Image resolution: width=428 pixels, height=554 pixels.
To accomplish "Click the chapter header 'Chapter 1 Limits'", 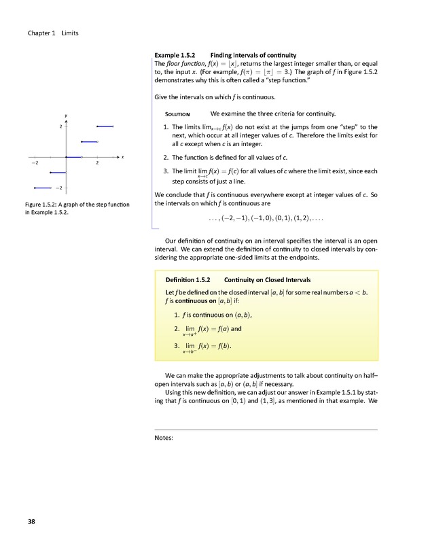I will point(54,33).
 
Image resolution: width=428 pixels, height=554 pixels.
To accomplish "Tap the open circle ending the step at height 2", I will point(113,126).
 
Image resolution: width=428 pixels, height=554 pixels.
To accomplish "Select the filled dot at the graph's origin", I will point(67,158).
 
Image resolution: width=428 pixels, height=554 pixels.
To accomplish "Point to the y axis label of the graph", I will point(67,115).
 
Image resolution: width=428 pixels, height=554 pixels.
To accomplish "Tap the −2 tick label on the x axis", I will point(34,164).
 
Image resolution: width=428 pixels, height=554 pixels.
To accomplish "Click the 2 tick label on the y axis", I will point(60,126).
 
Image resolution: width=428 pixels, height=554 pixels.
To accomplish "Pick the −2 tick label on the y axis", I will point(59,188).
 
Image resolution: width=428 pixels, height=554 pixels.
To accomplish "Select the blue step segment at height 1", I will point(90,142).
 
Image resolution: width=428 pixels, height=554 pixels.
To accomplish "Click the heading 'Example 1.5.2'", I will point(175,54).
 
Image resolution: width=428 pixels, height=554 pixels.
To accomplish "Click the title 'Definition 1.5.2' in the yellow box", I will point(188,280).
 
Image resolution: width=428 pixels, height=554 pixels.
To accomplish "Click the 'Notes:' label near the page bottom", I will point(166,439).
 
